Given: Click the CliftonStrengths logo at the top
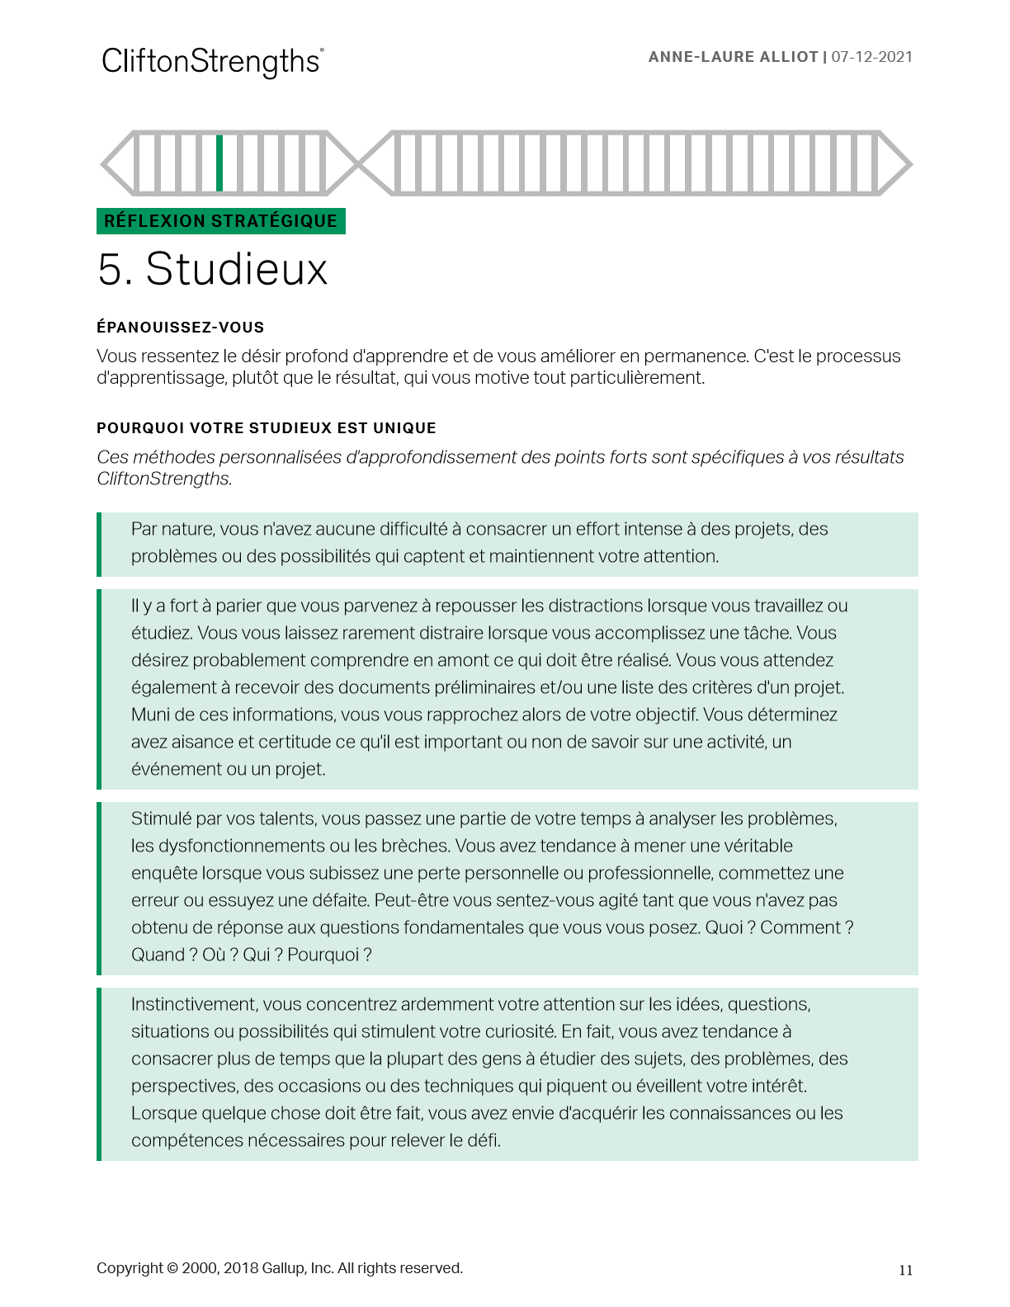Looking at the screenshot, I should point(212,62).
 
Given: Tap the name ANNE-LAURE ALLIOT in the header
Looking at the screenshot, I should point(733,57).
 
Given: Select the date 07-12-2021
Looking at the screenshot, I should point(871,57).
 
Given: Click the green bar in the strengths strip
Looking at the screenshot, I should point(219,163).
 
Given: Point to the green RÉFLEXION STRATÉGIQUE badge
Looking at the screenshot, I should point(220,221).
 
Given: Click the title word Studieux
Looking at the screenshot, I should point(237,269).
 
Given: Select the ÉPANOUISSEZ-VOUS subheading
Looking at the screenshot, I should point(180,328).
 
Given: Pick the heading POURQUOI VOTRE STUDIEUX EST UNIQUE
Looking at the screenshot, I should point(266,428).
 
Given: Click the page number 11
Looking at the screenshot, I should point(905,1271).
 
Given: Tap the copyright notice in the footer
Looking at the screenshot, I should point(279,1268).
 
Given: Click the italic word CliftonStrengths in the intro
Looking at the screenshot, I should point(163,479).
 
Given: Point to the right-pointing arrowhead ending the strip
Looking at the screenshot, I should point(894,163).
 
